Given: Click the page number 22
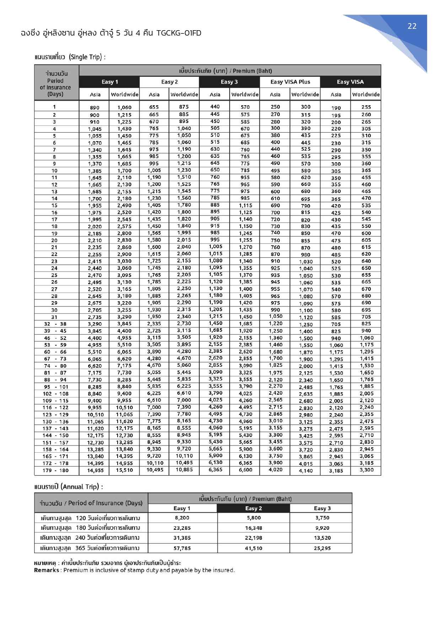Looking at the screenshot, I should pyautogui.click(x=412, y=26).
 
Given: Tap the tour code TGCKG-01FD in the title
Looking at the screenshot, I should pyautogui.click(x=179, y=33).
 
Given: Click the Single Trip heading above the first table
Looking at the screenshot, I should pyautogui.click(x=70, y=57).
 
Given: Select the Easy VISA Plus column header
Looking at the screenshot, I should pyautogui.click(x=290, y=82).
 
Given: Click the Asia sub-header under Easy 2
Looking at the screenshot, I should pyautogui.click(x=154, y=94).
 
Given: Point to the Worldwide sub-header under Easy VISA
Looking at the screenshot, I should pyautogui.click(x=366, y=94).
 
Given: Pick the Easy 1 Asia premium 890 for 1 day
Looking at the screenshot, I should pyautogui.click(x=95, y=107).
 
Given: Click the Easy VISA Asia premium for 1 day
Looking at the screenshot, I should pyautogui.click(x=336, y=108).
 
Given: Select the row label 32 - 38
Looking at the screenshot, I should pyautogui.click(x=55, y=324).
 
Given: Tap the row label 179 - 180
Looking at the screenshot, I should pyautogui.click(x=55, y=470).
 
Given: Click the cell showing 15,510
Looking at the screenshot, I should pyautogui.click(x=124, y=470).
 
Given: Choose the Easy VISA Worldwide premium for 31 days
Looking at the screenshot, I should pyautogui.click(x=366, y=317).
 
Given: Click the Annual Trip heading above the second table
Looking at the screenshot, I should pyautogui.click(x=69, y=486).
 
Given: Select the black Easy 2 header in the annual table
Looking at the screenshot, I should pyautogui.click(x=253, y=508).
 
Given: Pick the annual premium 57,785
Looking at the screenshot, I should pyautogui.click(x=182, y=548).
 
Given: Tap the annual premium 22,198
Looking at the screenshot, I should pyautogui.click(x=253, y=538).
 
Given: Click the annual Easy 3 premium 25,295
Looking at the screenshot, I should pyautogui.click(x=322, y=548).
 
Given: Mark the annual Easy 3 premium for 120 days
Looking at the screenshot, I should pyautogui.click(x=322, y=518).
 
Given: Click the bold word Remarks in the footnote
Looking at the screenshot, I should pyautogui.click(x=47, y=570).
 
